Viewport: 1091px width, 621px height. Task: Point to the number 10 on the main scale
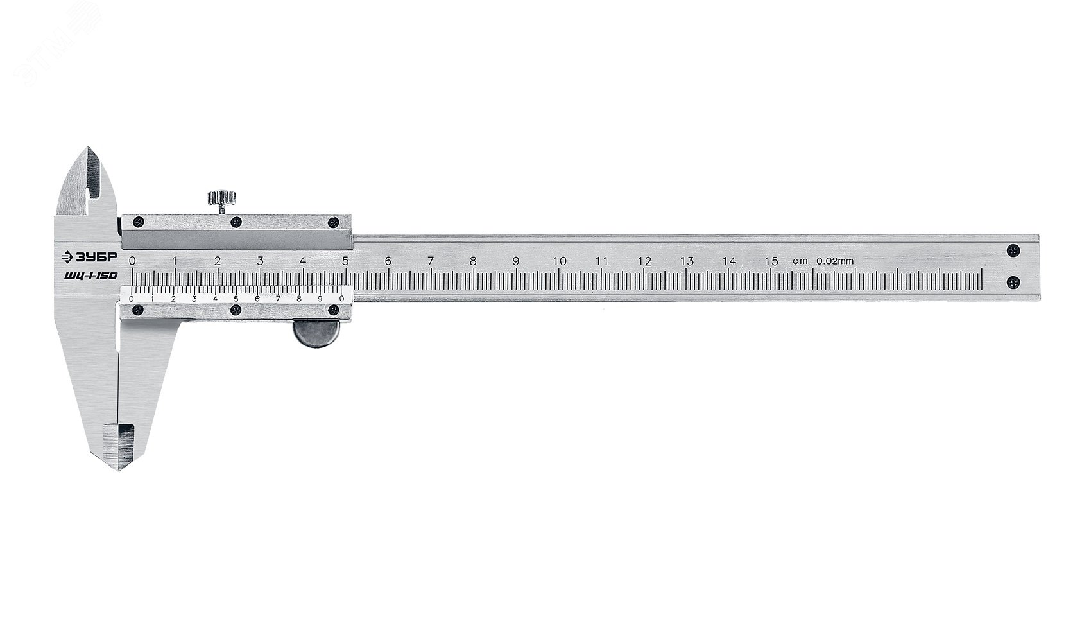coord(559,261)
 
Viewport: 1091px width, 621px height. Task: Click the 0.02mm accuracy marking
coord(834,261)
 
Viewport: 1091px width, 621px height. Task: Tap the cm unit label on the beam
coord(800,262)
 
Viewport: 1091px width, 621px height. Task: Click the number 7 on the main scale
coord(431,261)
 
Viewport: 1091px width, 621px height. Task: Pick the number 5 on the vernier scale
coord(236,298)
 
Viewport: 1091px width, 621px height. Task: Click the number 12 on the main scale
coord(644,261)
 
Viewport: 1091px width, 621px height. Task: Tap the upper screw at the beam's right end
coord(1013,250)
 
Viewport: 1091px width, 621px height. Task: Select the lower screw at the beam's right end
coord(1013,281)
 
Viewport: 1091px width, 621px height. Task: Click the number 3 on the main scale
coord(260,261)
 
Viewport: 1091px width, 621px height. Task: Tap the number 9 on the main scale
coord(516,261)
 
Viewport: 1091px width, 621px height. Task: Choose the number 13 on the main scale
coord(687,261)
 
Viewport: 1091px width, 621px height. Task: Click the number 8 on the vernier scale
coord(299,298)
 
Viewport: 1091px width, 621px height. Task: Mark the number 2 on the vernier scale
coord(173,298)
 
